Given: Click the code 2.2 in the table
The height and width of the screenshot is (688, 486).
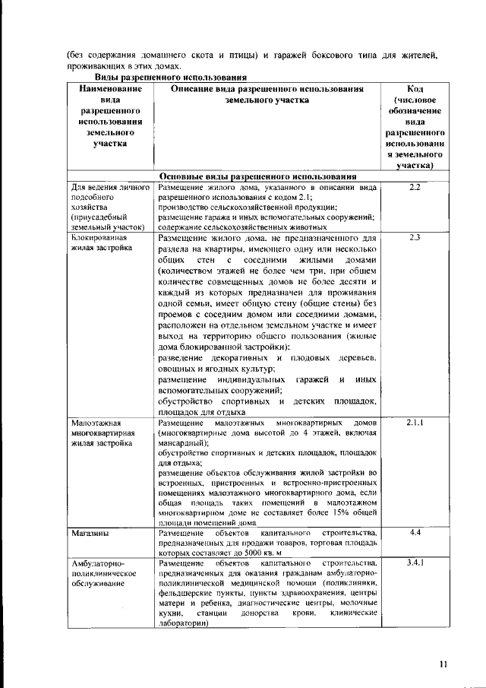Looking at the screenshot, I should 414,187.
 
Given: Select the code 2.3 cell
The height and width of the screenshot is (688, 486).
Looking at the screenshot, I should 414,238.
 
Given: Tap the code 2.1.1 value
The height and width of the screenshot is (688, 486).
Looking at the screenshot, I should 414,422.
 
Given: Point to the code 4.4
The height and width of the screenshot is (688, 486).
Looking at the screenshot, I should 415,534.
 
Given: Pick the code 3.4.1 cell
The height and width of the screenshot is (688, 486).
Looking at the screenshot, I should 415,563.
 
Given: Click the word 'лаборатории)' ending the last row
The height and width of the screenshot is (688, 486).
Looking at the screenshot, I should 183,622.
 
